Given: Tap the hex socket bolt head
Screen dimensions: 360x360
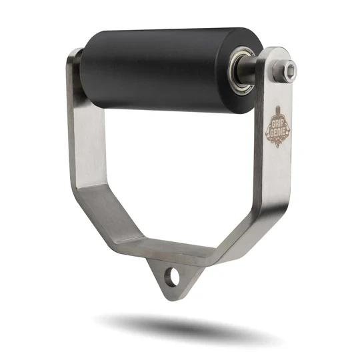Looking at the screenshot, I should pyautogui.click(x=289, y=69).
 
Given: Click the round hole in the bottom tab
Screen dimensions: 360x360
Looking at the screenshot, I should pyautogui.click(x=175, y=273).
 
